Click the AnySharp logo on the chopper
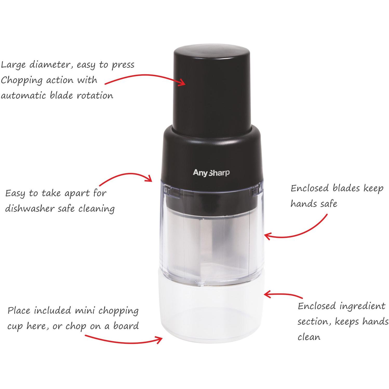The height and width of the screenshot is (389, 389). pyautogui.click(x=211, y=173)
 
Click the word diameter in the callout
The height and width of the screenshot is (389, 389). pyautogui.click(x=51, y=65)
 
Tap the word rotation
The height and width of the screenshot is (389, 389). pyautogui.click(x=95, y=96)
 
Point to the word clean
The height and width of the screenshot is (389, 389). pyautogui.click(x=309, y=337)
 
